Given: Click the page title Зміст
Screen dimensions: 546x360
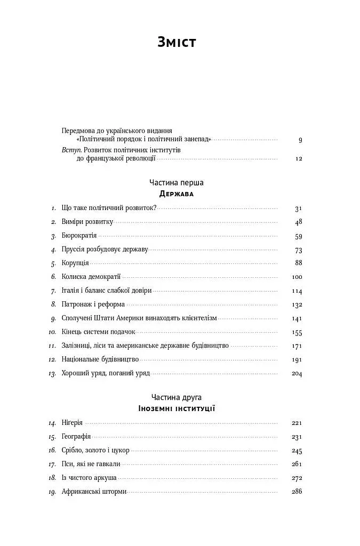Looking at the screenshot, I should coord(177,42).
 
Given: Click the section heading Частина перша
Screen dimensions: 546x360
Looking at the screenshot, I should coord(177,182).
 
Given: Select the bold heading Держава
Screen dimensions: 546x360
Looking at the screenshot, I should coord(177,194).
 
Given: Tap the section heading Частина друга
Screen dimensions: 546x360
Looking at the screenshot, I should coord(177,397).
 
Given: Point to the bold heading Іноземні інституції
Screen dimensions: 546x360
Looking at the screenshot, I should coord(177,408).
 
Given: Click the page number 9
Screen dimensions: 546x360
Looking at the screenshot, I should coord(300,140).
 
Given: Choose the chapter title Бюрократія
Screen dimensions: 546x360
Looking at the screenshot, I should coord(79,236).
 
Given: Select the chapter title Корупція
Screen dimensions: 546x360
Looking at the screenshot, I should coord(75,263).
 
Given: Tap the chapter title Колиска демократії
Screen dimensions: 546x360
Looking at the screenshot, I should coord(91,277).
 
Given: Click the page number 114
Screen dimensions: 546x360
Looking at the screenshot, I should coord(297,291).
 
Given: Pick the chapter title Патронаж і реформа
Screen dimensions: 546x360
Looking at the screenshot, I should coord(93,304).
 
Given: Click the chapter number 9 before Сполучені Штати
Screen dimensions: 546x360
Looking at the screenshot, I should coord(53,318).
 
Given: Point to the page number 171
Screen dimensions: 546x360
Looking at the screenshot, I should coord(297,346).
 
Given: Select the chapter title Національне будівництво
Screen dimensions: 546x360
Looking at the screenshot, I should coord(100,359).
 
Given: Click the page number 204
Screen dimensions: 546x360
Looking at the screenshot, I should coord(297,374).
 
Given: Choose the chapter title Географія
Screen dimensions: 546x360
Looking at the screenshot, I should coord(76,437).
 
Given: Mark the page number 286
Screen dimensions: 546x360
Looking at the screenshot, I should coord(297,491).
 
